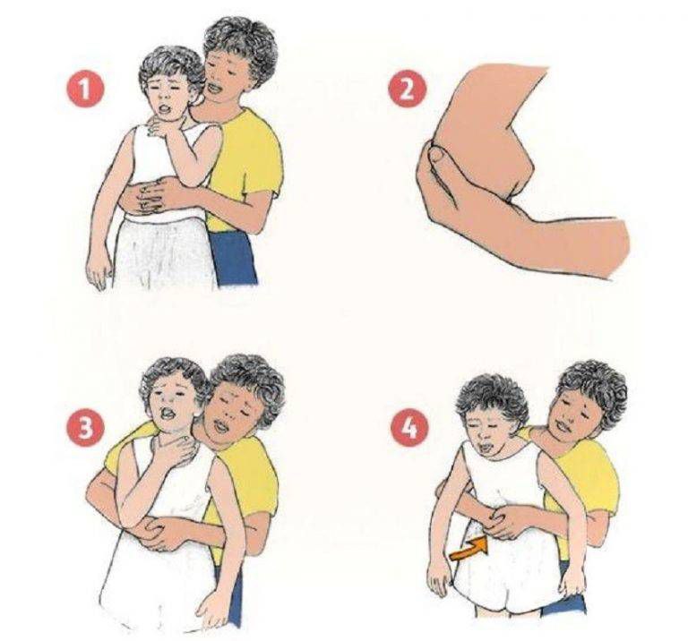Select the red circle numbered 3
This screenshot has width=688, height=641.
point(86,427)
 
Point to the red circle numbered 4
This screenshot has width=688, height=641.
point(409,427)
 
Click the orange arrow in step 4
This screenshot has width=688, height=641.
point(469,549)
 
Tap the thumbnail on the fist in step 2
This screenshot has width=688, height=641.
point(437,154)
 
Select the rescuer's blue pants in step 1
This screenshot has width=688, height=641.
point(233,259)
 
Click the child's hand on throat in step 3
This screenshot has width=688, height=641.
point(173,451)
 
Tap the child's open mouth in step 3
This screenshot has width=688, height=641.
point(168,415)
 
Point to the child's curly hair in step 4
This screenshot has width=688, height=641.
point(492,398)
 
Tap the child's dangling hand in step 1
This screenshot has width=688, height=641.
point(98,269)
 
